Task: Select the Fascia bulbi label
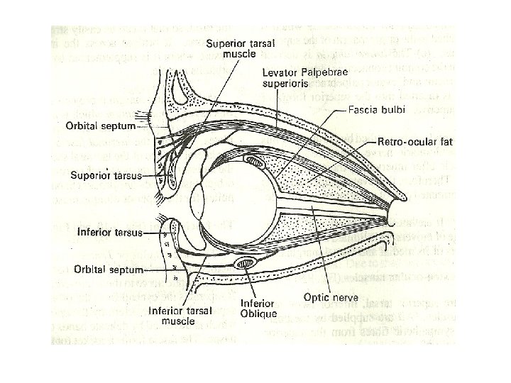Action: (377, 110)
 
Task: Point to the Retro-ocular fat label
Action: (415, 142)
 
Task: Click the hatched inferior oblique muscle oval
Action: (245, 265)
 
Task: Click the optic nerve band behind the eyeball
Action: (334, 206)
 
